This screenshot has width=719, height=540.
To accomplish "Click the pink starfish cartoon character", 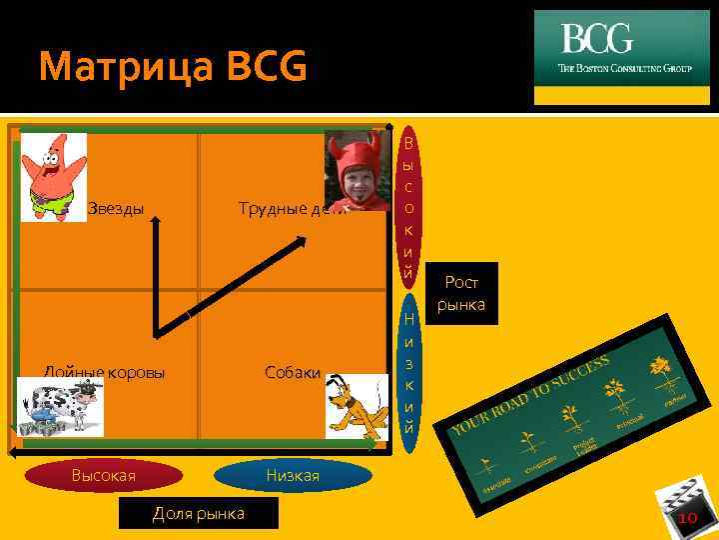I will [53, 176].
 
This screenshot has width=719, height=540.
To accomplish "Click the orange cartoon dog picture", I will [356, 406].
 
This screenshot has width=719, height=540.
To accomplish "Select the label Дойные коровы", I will [104, 373].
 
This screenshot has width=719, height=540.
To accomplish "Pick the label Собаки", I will [293, 373].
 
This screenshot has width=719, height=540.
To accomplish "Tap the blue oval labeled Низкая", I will [293, 476].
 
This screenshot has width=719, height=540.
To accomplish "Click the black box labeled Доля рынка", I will [198, 514].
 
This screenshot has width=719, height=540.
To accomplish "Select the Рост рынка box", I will [461, 293].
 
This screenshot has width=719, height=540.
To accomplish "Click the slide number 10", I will [686, 517].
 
